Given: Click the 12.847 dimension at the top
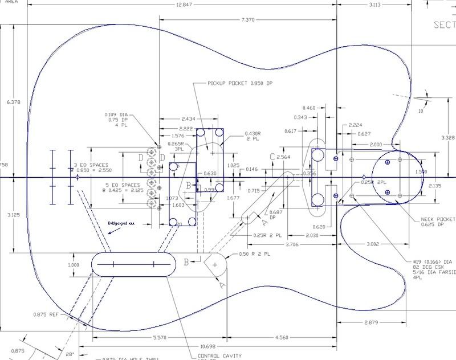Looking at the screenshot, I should point(185,4).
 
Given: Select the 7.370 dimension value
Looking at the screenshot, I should point(248,19).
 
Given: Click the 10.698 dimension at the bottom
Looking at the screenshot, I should point(209,346).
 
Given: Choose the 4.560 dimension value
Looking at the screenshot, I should point(280,337).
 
